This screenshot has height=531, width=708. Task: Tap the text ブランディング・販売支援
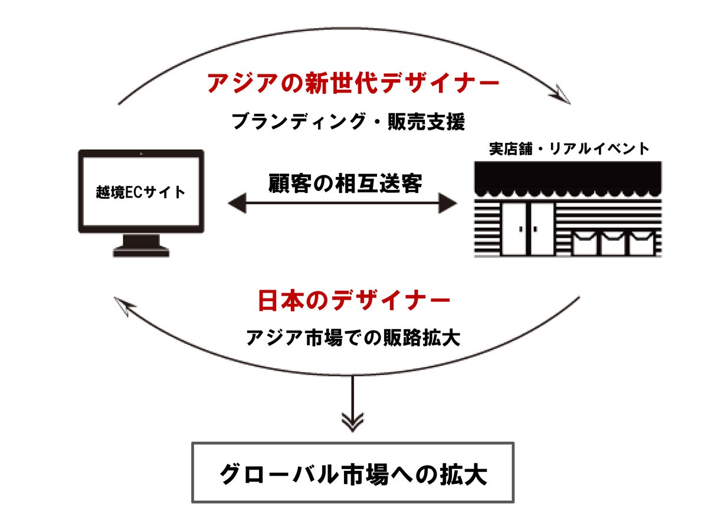click(348, 122)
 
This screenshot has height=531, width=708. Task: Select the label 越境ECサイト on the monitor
click(140, 192)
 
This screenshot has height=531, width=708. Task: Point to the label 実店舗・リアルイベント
click(569, 149)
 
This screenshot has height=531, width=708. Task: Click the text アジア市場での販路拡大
click(353, 338)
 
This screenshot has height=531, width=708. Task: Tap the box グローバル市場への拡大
click(353, 473)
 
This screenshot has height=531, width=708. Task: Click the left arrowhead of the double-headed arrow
click(236, 204)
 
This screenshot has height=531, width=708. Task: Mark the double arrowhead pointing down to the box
click(353, 422)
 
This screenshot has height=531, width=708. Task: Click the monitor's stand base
click(142, 252)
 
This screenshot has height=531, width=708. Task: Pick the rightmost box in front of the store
click(641, 243)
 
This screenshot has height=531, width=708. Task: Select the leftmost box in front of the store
click(584, 243)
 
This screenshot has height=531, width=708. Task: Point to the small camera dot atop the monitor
click(142, 154)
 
